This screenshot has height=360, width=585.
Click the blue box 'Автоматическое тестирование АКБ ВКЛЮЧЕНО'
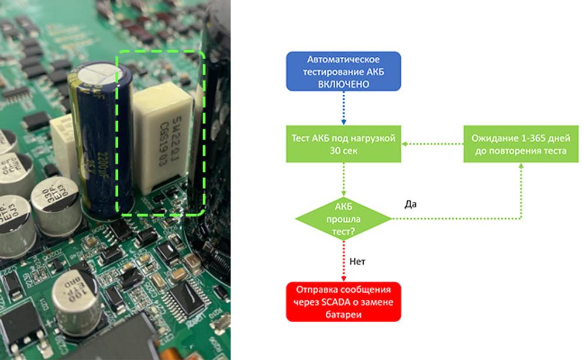pyautogui.click(x=343, y=71)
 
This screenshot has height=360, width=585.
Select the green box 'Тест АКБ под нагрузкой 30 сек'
pyautogui.click(x=343, y=144)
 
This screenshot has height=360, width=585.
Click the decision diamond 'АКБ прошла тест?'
pyautogui.click(x=343, y=219)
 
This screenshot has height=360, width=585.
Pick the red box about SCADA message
pyautogui.click(x=343, y=301)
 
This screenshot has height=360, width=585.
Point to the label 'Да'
pyautogui.click(x=410, y=204)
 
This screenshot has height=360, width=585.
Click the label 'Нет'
pyautogui.click(x=357, y=262)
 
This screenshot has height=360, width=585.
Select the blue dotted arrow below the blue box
pyautogui.click(x=343, y=108)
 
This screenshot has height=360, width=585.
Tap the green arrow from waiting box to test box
pyautogui.click(x=433, y=144)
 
